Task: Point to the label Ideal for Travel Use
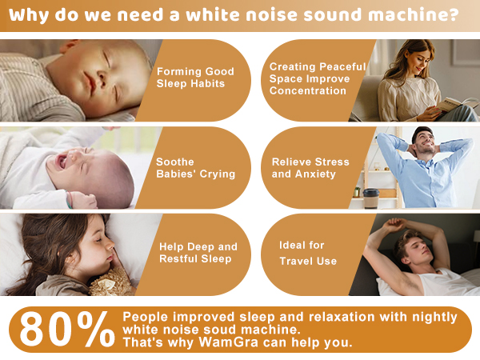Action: click(x=309, y=252)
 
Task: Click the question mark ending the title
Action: click(x=454, y=16)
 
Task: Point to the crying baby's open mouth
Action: click(x=61, y=161)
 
